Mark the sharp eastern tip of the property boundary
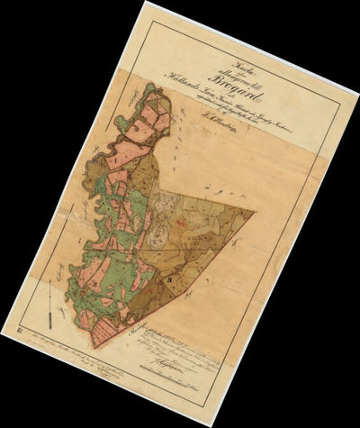[256, 214]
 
